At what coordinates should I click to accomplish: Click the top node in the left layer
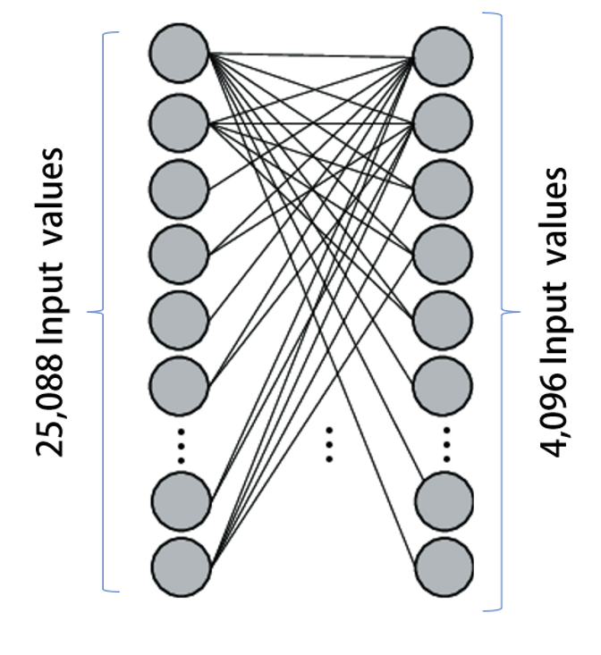tap(180, 55)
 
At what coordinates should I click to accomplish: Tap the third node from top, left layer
tap(180, 188)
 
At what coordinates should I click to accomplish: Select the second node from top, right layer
tap(444, 122)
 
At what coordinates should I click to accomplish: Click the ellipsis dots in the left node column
tap(180, 444)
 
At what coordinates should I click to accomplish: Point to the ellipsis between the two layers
tap(330, 444)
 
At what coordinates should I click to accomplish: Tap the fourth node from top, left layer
tap(180, 253)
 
